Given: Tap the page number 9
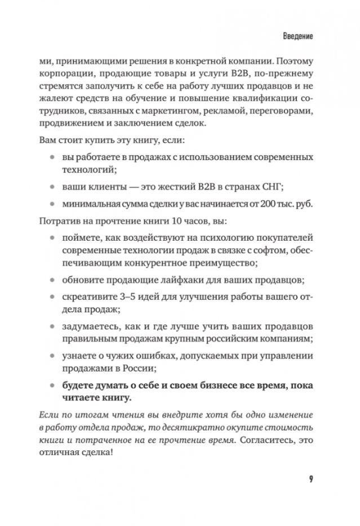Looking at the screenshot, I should tap(310, 480).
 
